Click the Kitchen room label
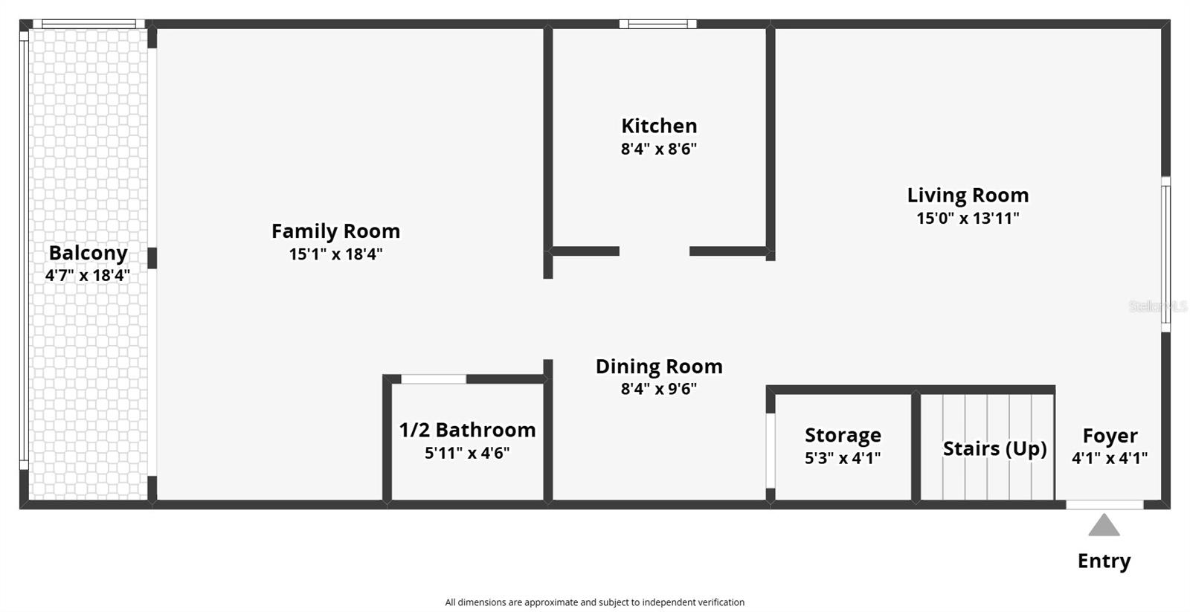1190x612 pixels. (659, 126)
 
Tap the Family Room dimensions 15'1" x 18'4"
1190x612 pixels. (335, 254)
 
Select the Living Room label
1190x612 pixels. (968, 196)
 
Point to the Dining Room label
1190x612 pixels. (659, 367)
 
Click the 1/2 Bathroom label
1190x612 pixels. (468, 430)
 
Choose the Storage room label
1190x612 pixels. (843, 435)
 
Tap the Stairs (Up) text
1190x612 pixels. (995, 449)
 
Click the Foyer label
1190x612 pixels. (1110, 437)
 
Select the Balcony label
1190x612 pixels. (89, 254)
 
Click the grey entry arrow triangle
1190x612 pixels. (1104, 526)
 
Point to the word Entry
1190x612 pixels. (1104, 561)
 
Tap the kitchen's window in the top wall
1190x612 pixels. (657, 24)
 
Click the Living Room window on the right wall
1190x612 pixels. (1165, 254)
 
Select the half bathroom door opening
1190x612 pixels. (434, 379)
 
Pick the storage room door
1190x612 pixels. (771, 451)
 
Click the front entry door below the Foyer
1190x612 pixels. (1104, 505)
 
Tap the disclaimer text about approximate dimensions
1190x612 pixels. (594, 602)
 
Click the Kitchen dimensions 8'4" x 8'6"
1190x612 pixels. (659, 149)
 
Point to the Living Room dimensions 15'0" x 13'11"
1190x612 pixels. (968, 219)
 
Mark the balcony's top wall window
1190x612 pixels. (89, 24)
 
